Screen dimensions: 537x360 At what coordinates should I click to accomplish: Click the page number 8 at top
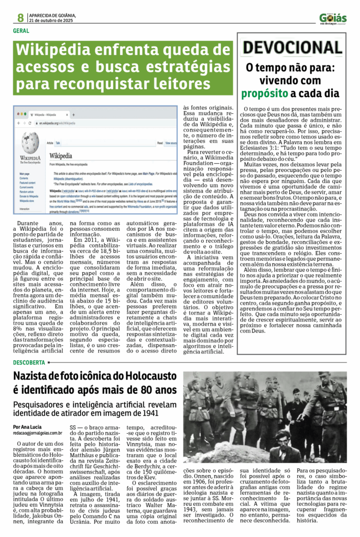pyautogui.click(x=20, y=17)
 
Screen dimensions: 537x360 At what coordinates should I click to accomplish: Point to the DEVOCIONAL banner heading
pyautogui.click(x=292, y=48)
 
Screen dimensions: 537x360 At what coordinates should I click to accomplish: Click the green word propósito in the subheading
pyautogui.click(x=265, y=94)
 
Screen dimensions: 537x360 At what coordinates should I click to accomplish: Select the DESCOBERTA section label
pyautogui.click(x=29, y=362)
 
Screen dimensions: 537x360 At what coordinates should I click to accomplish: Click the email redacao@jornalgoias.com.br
pyautogui.click(x=38, y=433)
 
